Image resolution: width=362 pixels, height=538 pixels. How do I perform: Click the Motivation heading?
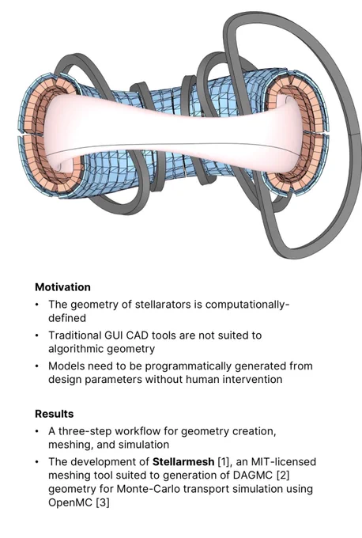tap(62, 287)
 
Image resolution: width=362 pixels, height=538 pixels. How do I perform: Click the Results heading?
tap(55, 414)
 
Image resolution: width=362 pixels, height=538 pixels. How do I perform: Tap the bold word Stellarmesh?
tap(183, 462)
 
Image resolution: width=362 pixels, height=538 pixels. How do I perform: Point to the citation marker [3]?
tap(103, 502)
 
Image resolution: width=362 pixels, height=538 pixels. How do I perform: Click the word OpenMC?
tap(70, 502)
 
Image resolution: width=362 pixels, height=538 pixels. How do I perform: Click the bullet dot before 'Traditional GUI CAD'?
tap(37, 335)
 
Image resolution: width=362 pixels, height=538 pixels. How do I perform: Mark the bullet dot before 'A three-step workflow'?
tap(37, 431)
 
